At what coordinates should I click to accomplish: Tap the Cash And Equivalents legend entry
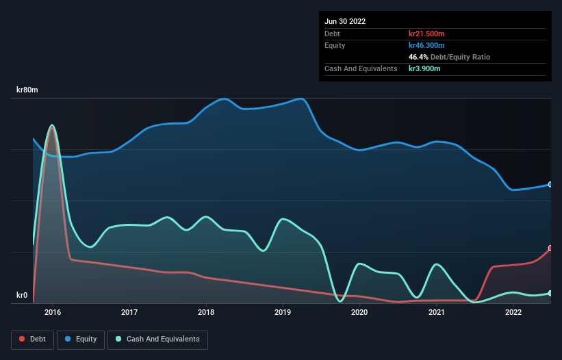[157, 339]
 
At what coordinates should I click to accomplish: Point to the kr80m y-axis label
[27, 90]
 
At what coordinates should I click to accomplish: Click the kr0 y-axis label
[22, 296]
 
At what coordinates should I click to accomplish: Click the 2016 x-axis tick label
[53, 313]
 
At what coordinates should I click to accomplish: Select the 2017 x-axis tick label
[129, 313]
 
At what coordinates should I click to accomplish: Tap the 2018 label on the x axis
[206, 313]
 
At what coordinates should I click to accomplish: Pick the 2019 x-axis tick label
[283, 313]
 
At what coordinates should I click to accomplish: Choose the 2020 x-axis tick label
[359, 313]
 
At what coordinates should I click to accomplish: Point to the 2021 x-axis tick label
[436, 313]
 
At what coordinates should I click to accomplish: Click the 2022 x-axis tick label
[513, 313]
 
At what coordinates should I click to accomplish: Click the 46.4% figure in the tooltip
[418, 57]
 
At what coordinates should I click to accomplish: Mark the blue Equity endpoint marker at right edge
[550, 185]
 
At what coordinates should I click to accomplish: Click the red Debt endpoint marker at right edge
[550, 248]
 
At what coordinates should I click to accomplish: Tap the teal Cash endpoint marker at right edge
[550, 293]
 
